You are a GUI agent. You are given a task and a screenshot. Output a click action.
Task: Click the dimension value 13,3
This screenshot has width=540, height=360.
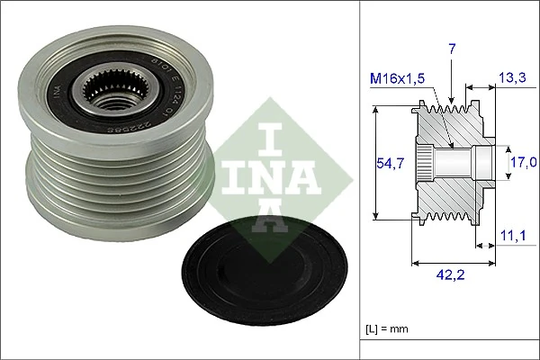512,80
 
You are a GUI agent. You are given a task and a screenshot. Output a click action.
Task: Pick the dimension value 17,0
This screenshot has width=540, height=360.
523,162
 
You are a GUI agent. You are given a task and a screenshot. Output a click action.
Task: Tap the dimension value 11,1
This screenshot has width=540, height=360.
512,236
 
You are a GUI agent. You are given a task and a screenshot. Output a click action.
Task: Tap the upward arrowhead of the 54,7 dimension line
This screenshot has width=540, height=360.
375,112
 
